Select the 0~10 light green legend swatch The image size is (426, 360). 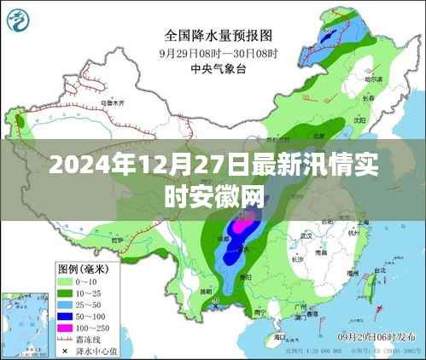pyautogui.click(x=67, y=280)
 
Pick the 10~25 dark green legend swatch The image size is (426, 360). pyautogui.click(x=67, y=292)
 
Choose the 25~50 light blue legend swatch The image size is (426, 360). pyautogui.click(x=67, y=304)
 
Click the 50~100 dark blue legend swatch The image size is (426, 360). pyautogui.click(x=67, y=315)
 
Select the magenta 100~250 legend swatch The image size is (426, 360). pyautogui.click(x=67, y=327)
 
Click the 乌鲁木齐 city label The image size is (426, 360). pyautogui.click(x=110, y=103)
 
